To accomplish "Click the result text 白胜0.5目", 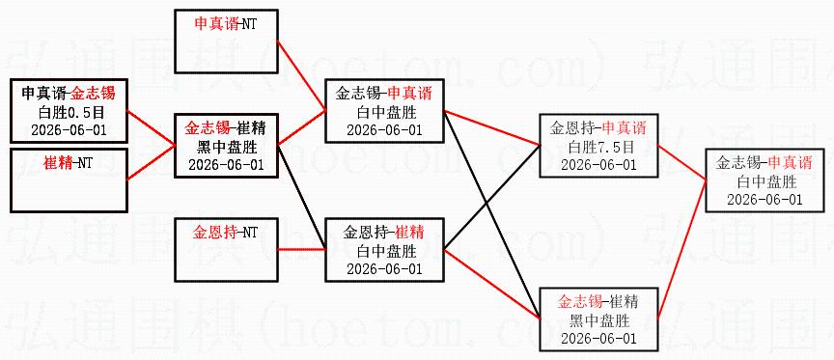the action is pyautogui.click(x=69, y=112).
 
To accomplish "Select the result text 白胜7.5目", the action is pyautogui.click(x=598, y=147).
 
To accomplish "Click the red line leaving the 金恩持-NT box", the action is pyautogui.click(x=301, y=249).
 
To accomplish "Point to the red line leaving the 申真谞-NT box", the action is pyautogui.click(x=301, y=74).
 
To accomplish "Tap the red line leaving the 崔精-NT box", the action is pyautogui.click(x=151, y=162).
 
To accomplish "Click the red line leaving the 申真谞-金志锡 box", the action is pyautogui.click(x=151, y=127).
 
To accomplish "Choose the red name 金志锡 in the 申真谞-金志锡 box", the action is pyautogui.click(x=95, y=95).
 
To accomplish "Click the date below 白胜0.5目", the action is pyautogui.click(x=69, y=129).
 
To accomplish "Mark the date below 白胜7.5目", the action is pyautogui.click(x=598, y=164).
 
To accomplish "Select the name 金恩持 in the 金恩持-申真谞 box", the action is pyautogui.click(x=571, y=128).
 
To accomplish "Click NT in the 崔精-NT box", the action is pyautogui.click(x=84, y=163).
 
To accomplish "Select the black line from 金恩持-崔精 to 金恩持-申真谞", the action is pyautogui.click(x=492, y=196).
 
